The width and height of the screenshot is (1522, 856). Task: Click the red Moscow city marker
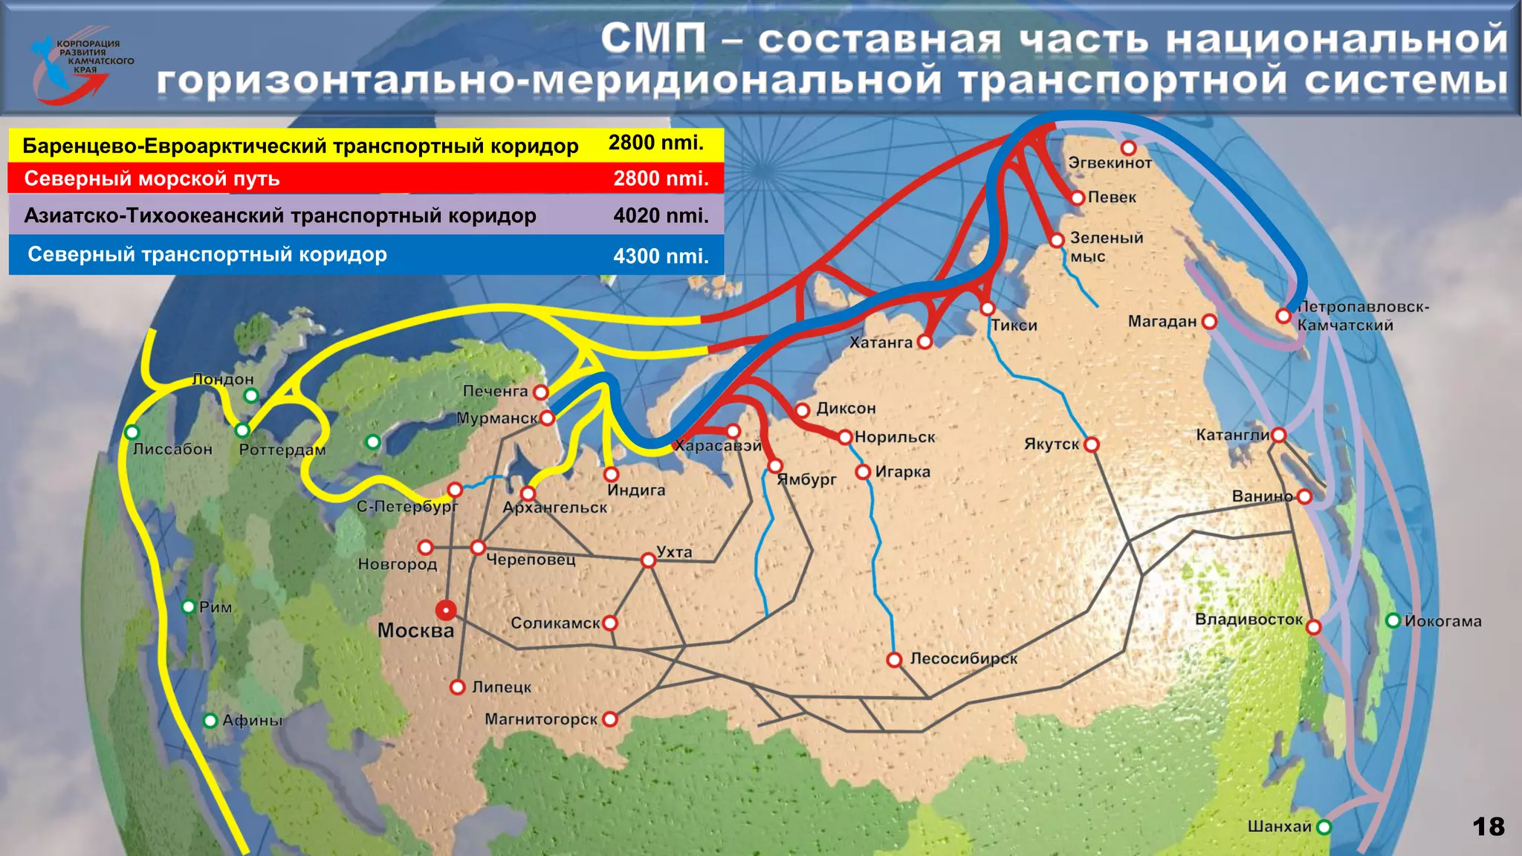coord(446,611)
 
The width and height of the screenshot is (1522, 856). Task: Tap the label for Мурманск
coord(496,418)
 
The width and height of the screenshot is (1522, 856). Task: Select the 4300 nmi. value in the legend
coord(661,256)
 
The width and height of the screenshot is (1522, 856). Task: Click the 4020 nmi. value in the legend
coord(661,216)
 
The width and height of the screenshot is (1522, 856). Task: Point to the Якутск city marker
coord(1091,445)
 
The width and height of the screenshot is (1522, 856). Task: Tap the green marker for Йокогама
coord(1393,620)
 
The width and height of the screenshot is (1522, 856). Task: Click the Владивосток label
coord(1249,620)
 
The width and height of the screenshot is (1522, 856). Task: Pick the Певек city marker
coord(1078,198)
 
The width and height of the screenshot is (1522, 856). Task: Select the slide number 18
coord(1488,826)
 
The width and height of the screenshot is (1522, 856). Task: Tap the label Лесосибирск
coord(964,658)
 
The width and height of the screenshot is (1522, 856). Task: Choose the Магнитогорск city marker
coord(610,719)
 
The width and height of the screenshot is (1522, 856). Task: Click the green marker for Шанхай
coord(1324,827)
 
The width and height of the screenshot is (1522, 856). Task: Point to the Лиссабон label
coord(172,450)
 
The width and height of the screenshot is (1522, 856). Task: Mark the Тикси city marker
coord(987,308)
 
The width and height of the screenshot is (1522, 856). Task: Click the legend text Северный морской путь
coord(152,179)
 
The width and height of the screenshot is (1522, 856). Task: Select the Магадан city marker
coord(1209,322)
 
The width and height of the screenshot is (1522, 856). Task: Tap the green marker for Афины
coord(210,720)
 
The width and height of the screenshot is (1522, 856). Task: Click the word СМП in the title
coord(653,39)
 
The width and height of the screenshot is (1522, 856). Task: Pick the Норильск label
coord(895,438)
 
